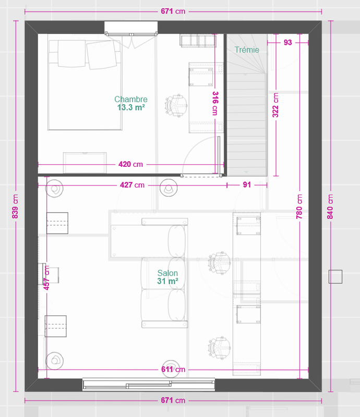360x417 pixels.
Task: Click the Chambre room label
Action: tap(130, 99)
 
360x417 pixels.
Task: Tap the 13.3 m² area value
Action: tap(130, 107)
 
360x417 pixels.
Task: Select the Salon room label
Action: tap(167, 273)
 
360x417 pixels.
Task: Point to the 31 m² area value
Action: tap(167, 281)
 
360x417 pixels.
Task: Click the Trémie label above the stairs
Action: tap(247, 50)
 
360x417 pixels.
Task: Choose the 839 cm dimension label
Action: tap(15, 206)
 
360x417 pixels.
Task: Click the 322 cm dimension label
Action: tap(275, 105)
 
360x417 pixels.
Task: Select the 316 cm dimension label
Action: tap(214, 103)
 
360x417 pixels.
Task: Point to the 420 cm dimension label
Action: tap(130, 164)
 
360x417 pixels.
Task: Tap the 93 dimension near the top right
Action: tap(287, 43)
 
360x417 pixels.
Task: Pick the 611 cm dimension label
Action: tap(173, 370)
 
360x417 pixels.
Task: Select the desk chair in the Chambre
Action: tap(176, 106)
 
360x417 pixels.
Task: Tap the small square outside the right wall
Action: tap(335, 277)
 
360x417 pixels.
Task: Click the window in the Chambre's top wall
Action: tap(130, 28)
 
